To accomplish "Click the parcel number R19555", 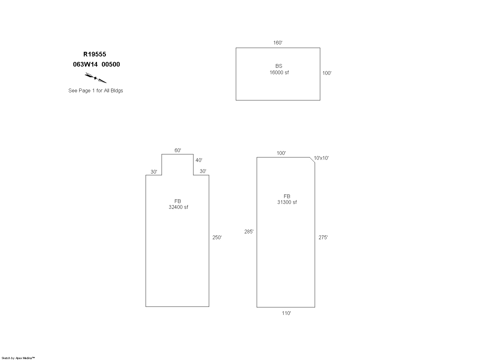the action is tap(95, 54).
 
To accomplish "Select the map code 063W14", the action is tap(85, 64).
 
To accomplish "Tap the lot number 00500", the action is tap(111, 64).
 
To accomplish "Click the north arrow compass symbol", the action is tap(95, 78).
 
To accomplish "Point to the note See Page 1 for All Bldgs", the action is tap(95, 91).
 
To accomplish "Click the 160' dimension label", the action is tap(278, 43).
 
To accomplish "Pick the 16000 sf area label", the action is tap(279, 72).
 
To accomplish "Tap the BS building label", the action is tap(279, 66).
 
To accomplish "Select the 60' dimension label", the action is tap(178, 150).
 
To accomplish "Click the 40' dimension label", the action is tap(199, 160).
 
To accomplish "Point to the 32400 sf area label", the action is tap(178, 207).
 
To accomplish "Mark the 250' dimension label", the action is tap(217, 237).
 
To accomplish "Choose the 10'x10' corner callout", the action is tap(321, 158).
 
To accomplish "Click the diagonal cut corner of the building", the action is tap(312, 160).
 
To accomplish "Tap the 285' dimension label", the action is tap(249, 232).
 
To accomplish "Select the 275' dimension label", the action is tap(323, 237).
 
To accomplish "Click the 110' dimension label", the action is tap(286, 313).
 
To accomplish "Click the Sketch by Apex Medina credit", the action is tap(18, 358).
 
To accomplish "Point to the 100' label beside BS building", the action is tap(327, 73).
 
